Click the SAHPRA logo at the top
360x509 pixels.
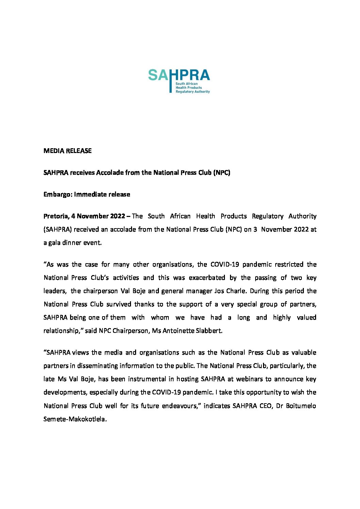point(179,81)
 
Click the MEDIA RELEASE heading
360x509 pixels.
point(67,151)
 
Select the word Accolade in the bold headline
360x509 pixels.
point(110,172)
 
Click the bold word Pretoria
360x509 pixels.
point(56,216)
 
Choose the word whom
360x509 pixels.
point(160,317)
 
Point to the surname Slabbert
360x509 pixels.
point(209,330)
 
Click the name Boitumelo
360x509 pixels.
point(301,406)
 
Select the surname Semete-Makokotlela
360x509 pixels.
point(75,419)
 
